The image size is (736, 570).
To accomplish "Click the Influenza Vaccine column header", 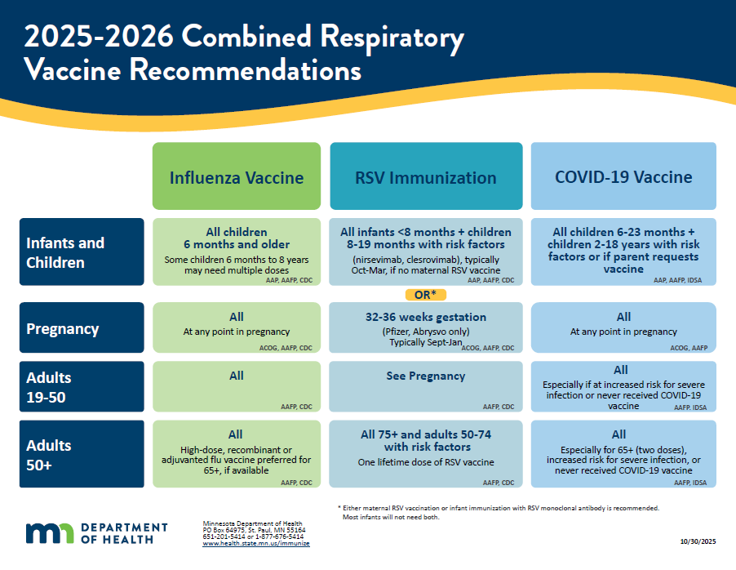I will coord(237,177).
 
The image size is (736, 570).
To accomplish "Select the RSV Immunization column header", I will coord(426,177).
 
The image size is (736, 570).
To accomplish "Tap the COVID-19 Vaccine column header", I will coord(623,177).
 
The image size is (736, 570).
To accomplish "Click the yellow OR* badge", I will coord(426,294).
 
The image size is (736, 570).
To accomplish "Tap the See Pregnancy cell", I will coord(426,376).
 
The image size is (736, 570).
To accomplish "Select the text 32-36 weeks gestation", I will coord(426,317).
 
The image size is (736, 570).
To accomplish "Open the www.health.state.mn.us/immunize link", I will coord(256,543).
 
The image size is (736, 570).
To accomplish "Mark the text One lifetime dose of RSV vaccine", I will coord(426,463).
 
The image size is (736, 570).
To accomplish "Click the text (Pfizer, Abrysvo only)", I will coord(426,332).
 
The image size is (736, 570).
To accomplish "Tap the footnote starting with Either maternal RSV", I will coord(498,508).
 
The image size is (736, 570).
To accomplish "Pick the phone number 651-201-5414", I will coord(220,537).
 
